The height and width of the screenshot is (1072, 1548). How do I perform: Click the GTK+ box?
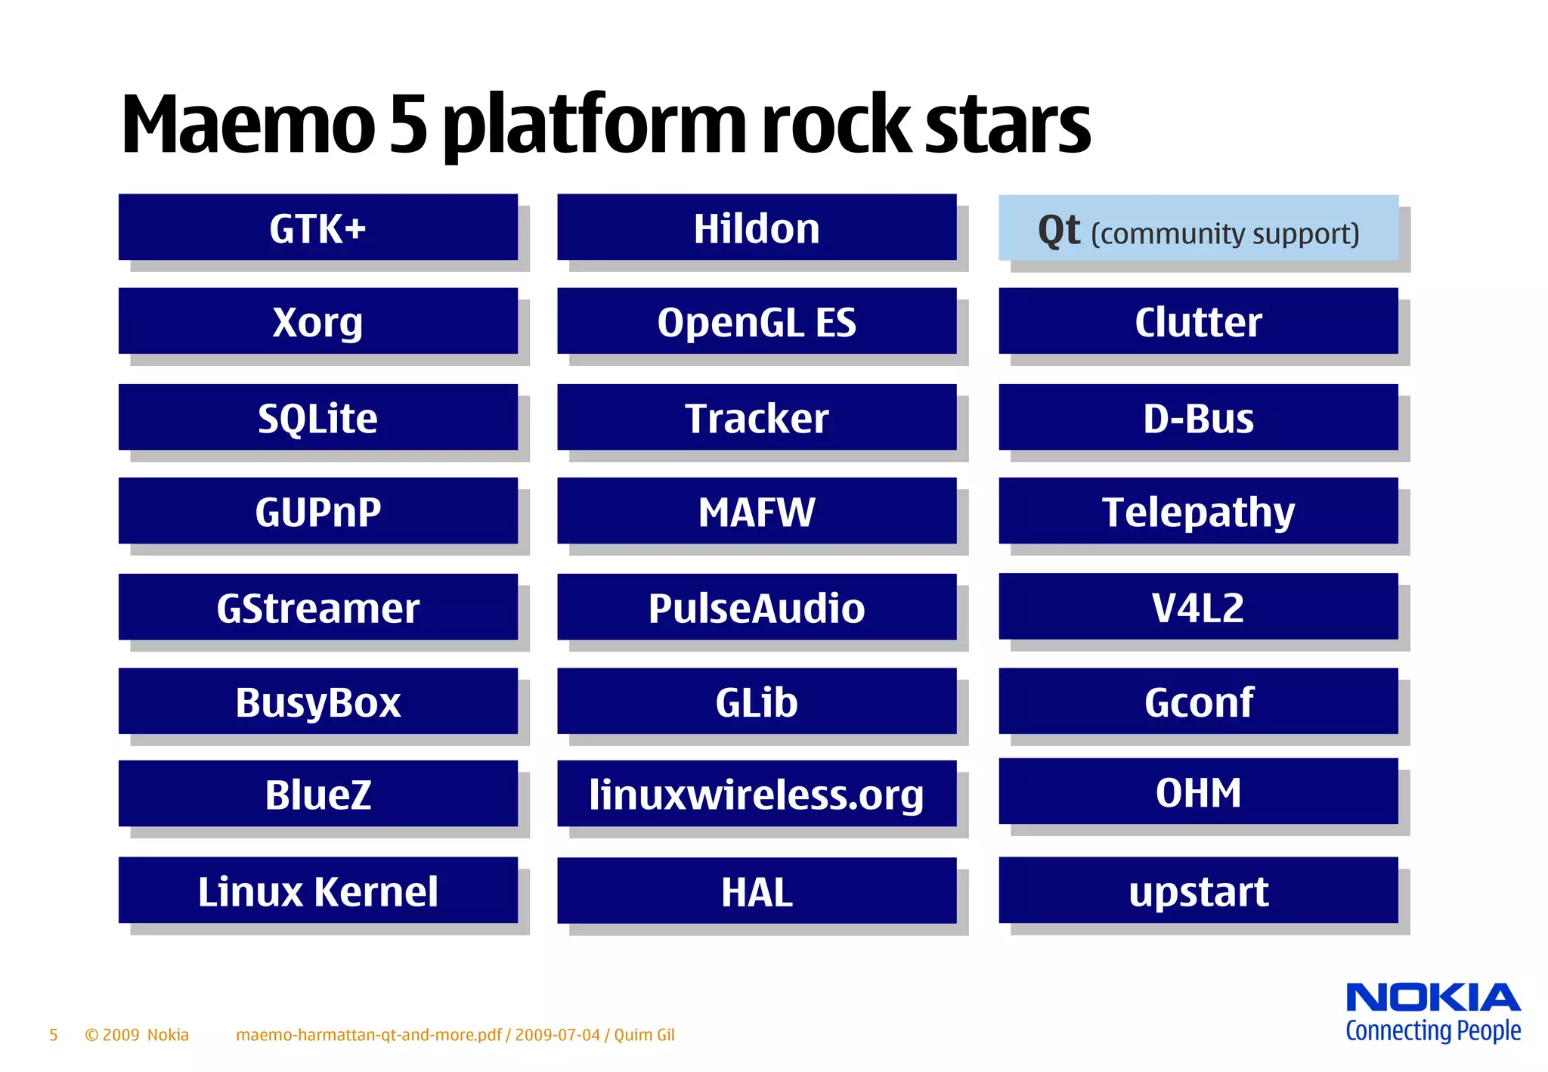(x=317, y=228)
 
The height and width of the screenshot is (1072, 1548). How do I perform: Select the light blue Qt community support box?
(x=1198, y=228)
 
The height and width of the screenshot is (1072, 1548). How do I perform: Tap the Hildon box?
(x=757, y=228)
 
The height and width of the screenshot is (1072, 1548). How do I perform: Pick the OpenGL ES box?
(x=757, y=321)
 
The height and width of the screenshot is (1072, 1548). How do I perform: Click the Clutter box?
(x=1198, y=321)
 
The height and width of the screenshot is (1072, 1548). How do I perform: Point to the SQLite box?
(x=317, y=417)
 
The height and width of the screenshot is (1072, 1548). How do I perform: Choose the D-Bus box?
(x=1198, y=417)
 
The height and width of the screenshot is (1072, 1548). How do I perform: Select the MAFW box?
(x=757, y=511)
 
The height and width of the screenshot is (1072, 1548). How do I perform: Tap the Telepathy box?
(x=1198, y=511)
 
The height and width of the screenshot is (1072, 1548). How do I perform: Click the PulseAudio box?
(x=757, y=607)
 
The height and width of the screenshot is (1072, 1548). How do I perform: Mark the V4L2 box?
(x=1198, y=606)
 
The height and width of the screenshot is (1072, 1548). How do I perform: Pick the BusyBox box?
(x=317, y=702)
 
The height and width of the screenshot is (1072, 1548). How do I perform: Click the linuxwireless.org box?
(x=757, y=794)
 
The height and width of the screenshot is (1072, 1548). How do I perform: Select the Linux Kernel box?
(x=317, y=891)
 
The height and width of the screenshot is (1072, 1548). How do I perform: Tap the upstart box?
(x=1198, y=891)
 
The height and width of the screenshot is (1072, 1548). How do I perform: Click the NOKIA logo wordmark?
(x=1433, y=998)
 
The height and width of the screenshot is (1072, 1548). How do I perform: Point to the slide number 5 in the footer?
(x=54, y=1035)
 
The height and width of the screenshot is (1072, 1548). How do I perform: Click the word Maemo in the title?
(x=248, y=125)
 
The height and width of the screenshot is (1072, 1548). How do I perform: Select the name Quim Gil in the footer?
(x=644, y=1035)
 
